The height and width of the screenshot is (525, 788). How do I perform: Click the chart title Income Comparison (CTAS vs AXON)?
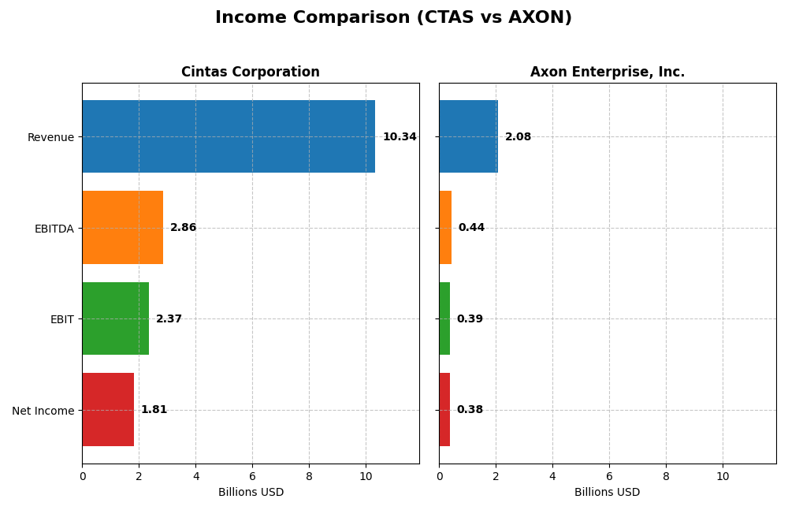(393, 17)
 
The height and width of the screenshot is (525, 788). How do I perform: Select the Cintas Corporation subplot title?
(250, 72)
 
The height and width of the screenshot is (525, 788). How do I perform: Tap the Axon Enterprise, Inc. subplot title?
(607, 72)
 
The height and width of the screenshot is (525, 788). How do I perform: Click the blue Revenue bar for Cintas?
(229, 136)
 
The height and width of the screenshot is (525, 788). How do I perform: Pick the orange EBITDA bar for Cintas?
(122, 227)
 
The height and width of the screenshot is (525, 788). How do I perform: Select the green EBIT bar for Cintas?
(115, 318)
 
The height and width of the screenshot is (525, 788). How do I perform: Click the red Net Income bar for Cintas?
(108, 409)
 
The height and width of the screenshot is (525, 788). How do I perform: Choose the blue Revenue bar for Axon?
(468, 136)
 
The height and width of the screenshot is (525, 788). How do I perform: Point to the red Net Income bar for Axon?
(444, 409)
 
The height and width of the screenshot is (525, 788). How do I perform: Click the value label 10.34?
(400, 137)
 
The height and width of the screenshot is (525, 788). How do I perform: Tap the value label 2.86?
(184, 228)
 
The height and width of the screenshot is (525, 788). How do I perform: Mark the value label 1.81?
(154, 410)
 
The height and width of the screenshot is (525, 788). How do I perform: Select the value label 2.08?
(518, 137)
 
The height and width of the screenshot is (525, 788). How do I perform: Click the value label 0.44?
(471, 228)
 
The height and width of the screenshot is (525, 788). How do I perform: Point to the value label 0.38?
(470, 410)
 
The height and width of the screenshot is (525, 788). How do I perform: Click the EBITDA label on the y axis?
(54, 229)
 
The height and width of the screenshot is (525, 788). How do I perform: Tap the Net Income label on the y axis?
(43, 411)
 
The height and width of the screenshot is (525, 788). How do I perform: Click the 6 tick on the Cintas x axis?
(252, 476)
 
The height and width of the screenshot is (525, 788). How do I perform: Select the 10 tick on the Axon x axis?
(723, 476)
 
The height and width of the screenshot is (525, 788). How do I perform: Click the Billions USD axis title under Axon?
(607, 493)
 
